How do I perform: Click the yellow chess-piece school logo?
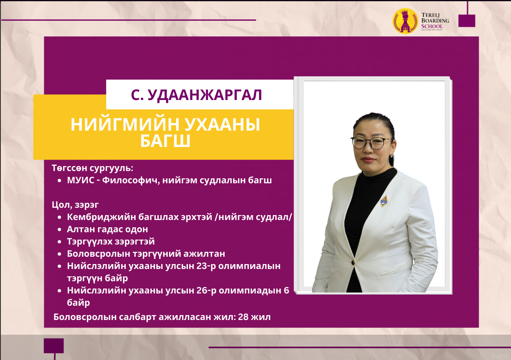pyautogui.click(x=405, y=21)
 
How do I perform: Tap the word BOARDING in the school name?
pyautogui.click(x=435, y=20)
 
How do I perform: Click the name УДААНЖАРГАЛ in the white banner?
pyautogui.click(x=205, y=95)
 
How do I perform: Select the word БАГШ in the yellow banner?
pyautogui.click(x=165, y=141)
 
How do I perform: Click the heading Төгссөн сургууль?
pyautogui.click(x=92, y=168)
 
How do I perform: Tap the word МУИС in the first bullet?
pyautogui.click(x=80, y=180)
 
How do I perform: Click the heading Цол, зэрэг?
pyautogui.click(x=75, y=205)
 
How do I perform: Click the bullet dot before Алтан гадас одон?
pyautogui.click(x=60, y=229)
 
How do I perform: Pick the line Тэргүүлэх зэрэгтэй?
pyautogui.click(x=111, y=242)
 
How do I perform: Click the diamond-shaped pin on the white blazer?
pyautogui.click(x=384, y=201)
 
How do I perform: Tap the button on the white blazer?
pyautogui.click(x=353, y=262)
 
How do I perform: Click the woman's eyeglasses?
pyautogui.click(x=371, y=143)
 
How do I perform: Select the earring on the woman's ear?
pyautogui.click(x=392, y=156)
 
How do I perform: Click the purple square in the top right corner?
pyautogui.click(x=467, y=21)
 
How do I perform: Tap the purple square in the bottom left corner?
pyautogui.click(x=54, y=346)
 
